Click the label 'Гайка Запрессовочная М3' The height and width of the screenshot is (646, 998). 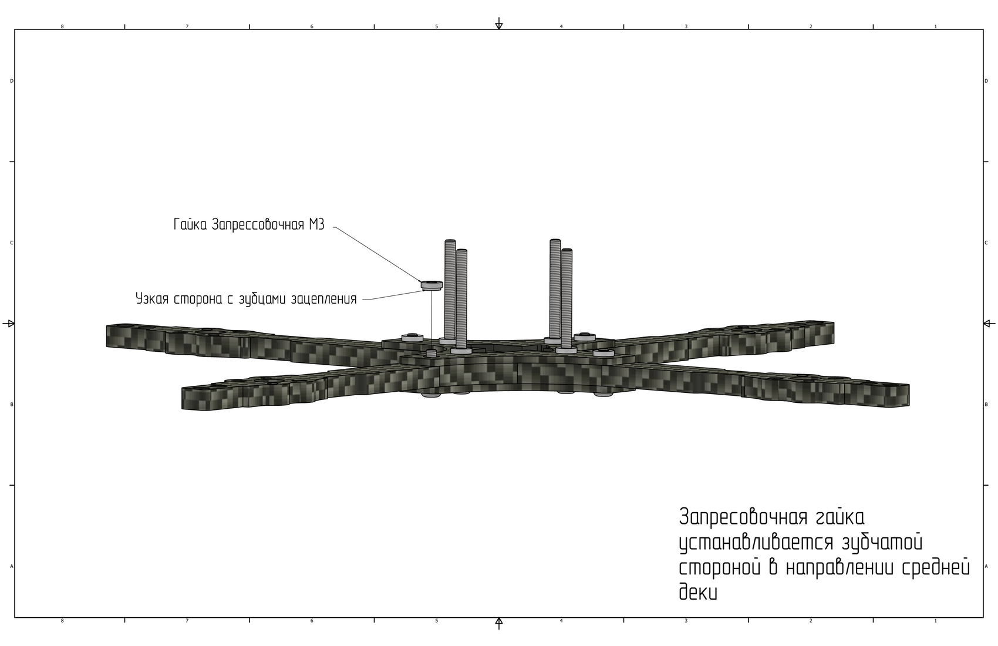click(249, 224)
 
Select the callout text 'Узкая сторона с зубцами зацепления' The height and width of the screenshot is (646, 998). click(246, 298)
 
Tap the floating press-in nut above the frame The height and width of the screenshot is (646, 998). click(431, 285)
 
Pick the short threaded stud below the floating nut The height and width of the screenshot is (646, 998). click(431, 354)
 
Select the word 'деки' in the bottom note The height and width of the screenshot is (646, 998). click(698, 592)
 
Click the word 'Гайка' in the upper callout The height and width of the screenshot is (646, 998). click(191, 224)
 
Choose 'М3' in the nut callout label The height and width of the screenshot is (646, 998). click(316, 224)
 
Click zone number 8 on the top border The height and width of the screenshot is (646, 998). click(62, 26)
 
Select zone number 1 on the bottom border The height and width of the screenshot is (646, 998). click(935, 620)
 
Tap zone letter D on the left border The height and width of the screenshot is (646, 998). click(12, 81)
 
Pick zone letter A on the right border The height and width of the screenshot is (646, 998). click(986, 566)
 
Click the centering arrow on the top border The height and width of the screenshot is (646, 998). click(499, 24)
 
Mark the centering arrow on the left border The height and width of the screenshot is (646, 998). click(9, 324)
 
